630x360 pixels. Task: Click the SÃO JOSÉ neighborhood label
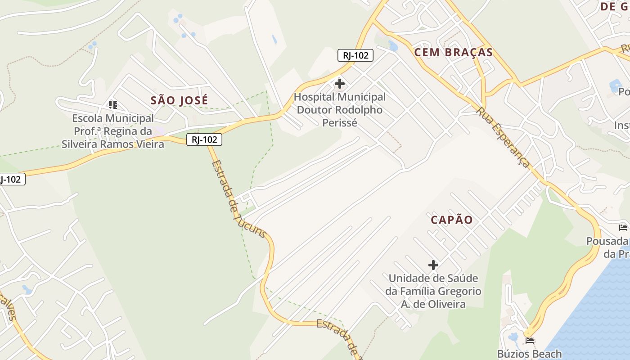coord(179,100)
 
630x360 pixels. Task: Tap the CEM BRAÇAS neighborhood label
coord(453,52)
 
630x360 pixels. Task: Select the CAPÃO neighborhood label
coord(451,220)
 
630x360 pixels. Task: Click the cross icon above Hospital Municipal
coord(340,84)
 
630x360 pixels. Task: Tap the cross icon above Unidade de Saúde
coord(433,265)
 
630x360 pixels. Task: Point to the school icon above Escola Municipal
coord(112,105)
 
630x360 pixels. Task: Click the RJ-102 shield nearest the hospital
coord(355,55)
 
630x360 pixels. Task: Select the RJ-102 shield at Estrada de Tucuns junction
coord(204,139)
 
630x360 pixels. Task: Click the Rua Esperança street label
coord(504,137)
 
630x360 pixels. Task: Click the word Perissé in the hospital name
coord(339,122)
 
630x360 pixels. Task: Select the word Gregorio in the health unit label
coord(459,291)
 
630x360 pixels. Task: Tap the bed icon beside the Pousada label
coord(623,227)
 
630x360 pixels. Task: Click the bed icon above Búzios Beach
coord(530,341)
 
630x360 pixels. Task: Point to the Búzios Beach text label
coord(529,354)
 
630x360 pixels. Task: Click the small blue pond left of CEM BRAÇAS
coord(393,46)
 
